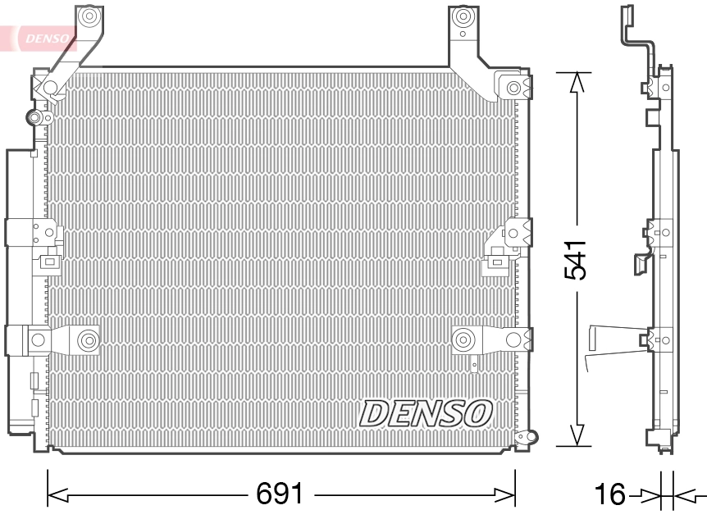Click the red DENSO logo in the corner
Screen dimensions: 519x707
pyautogui.click(x=41, y=37)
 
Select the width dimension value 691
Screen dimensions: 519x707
pyautogui.click(x=281, y=494)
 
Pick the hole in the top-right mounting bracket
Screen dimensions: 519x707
pyautogui.click(x=464, y=16)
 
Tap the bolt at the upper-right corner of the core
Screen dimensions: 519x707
pyautogui.click(x=514, y=87)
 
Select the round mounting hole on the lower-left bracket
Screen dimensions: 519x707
pyautogui.click(x=87, y=338)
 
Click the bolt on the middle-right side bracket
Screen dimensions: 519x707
pyautogui.click(x=516, y=233)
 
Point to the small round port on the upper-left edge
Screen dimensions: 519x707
pyautogui.click(x=34, y=118)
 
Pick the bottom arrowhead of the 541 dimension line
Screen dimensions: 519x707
pyautogui.click(x=578, y=436)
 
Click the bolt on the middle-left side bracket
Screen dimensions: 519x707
pyautogui.click(x=37, y=233)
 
